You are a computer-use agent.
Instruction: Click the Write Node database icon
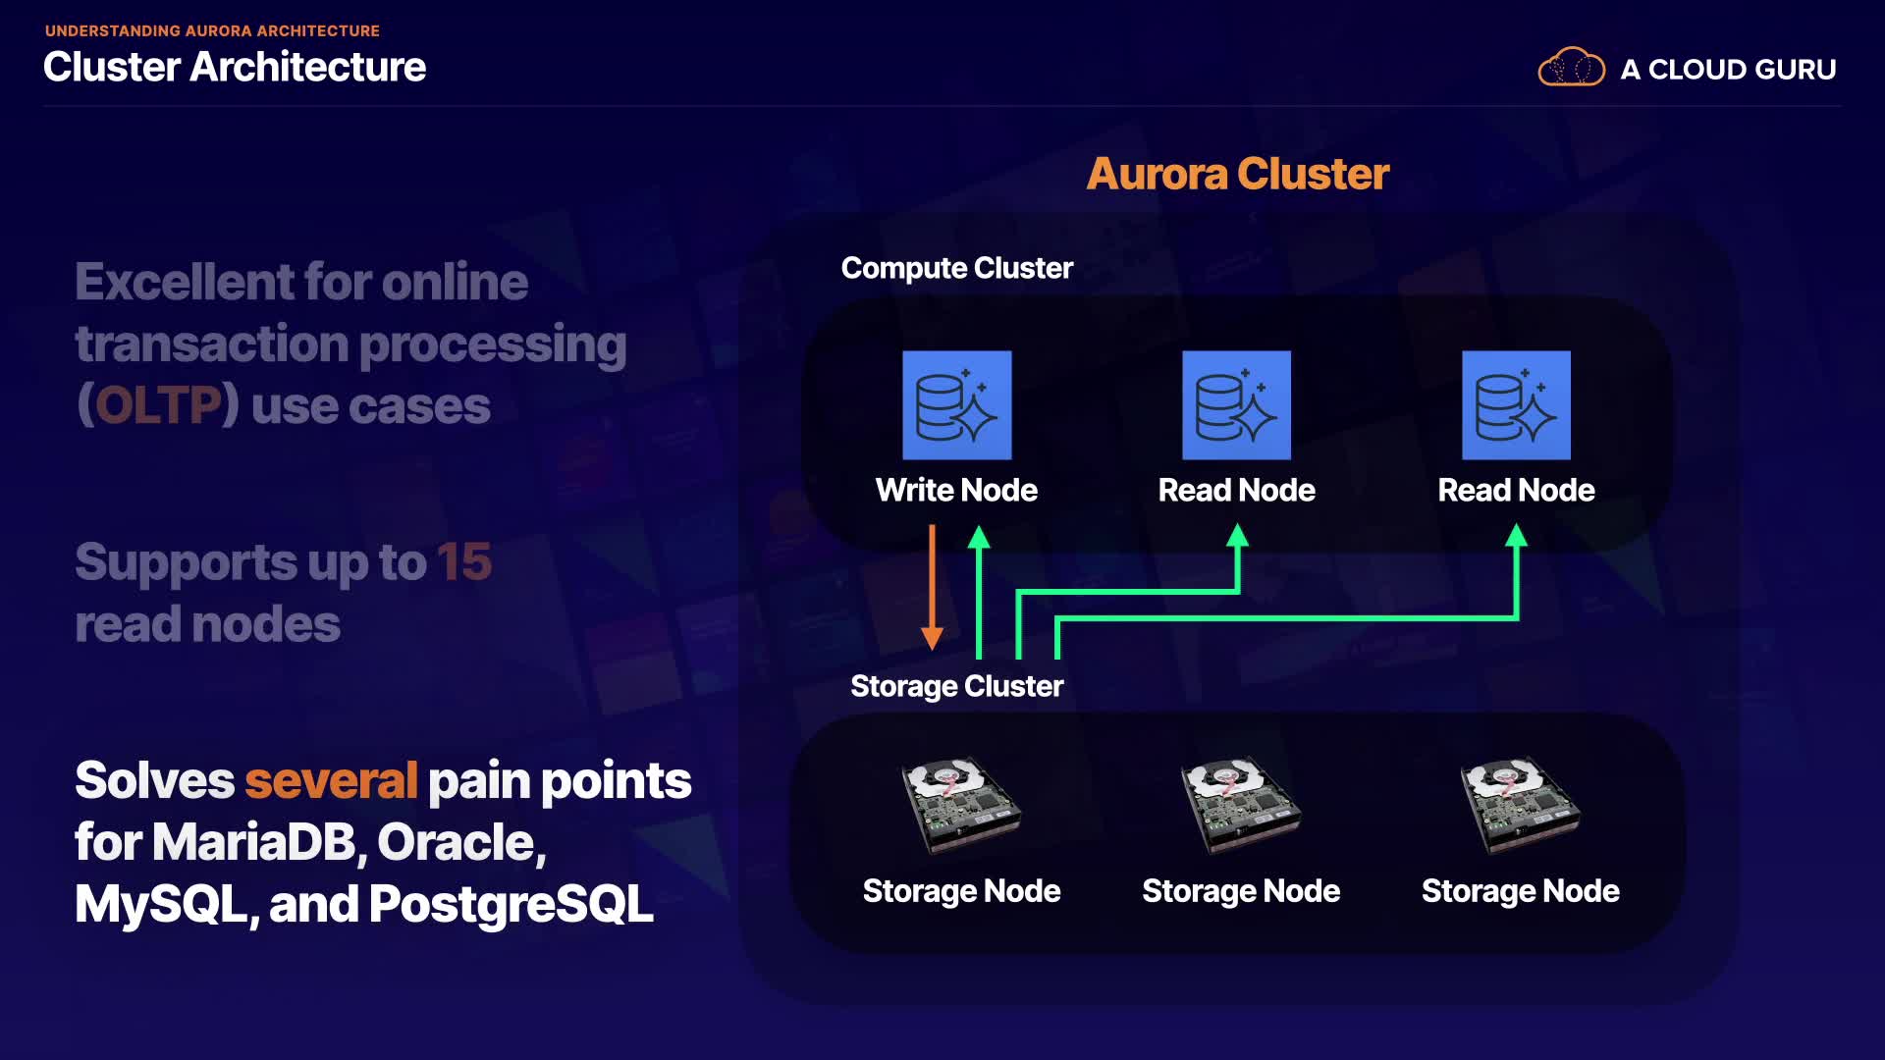pyautogui.click(x=956, y=405)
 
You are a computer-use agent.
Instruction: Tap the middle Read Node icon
pyautogui.click(x=1236, y=405)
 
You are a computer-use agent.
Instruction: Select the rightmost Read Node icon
pyautogui.click(x=1516, y=405)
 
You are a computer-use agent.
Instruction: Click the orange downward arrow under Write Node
pyautogui.click(x=932, y=589)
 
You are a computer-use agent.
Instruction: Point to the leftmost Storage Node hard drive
pyautogui.click(x=960, y=804)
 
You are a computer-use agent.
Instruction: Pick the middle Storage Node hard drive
pyautogui.click(x=1240, y=804)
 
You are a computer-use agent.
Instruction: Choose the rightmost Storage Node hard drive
pyautogui.click(x=1520, y=804)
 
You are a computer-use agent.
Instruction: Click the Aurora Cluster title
pyautogui.click(x=1237, y=174)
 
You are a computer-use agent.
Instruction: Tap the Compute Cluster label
pyautogui.click(x=956, y=268)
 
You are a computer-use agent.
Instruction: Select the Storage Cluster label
pyautogui.click(x=956, y=686)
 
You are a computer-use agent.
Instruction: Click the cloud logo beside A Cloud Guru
pyautogui.click(x=1571, y=68)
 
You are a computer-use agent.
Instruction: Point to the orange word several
pyautogui.click(x=331, y=781)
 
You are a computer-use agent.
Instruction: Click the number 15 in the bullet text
pyautogui.click(x=463, y=562)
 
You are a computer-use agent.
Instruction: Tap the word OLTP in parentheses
pyautogui.click(x=158, y=405)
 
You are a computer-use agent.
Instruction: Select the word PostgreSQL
pyautogui.click(x=511, y=904)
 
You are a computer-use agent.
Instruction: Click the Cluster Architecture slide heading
pyautogui.click(x=235, y=67)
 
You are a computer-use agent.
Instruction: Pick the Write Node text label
pyautogui.click(x=956, y=490)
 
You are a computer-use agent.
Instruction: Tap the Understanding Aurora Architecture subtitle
pyautogui.click(x=212, y=30)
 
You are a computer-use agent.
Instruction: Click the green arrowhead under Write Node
pyautogui.click(x=979, y=537)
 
